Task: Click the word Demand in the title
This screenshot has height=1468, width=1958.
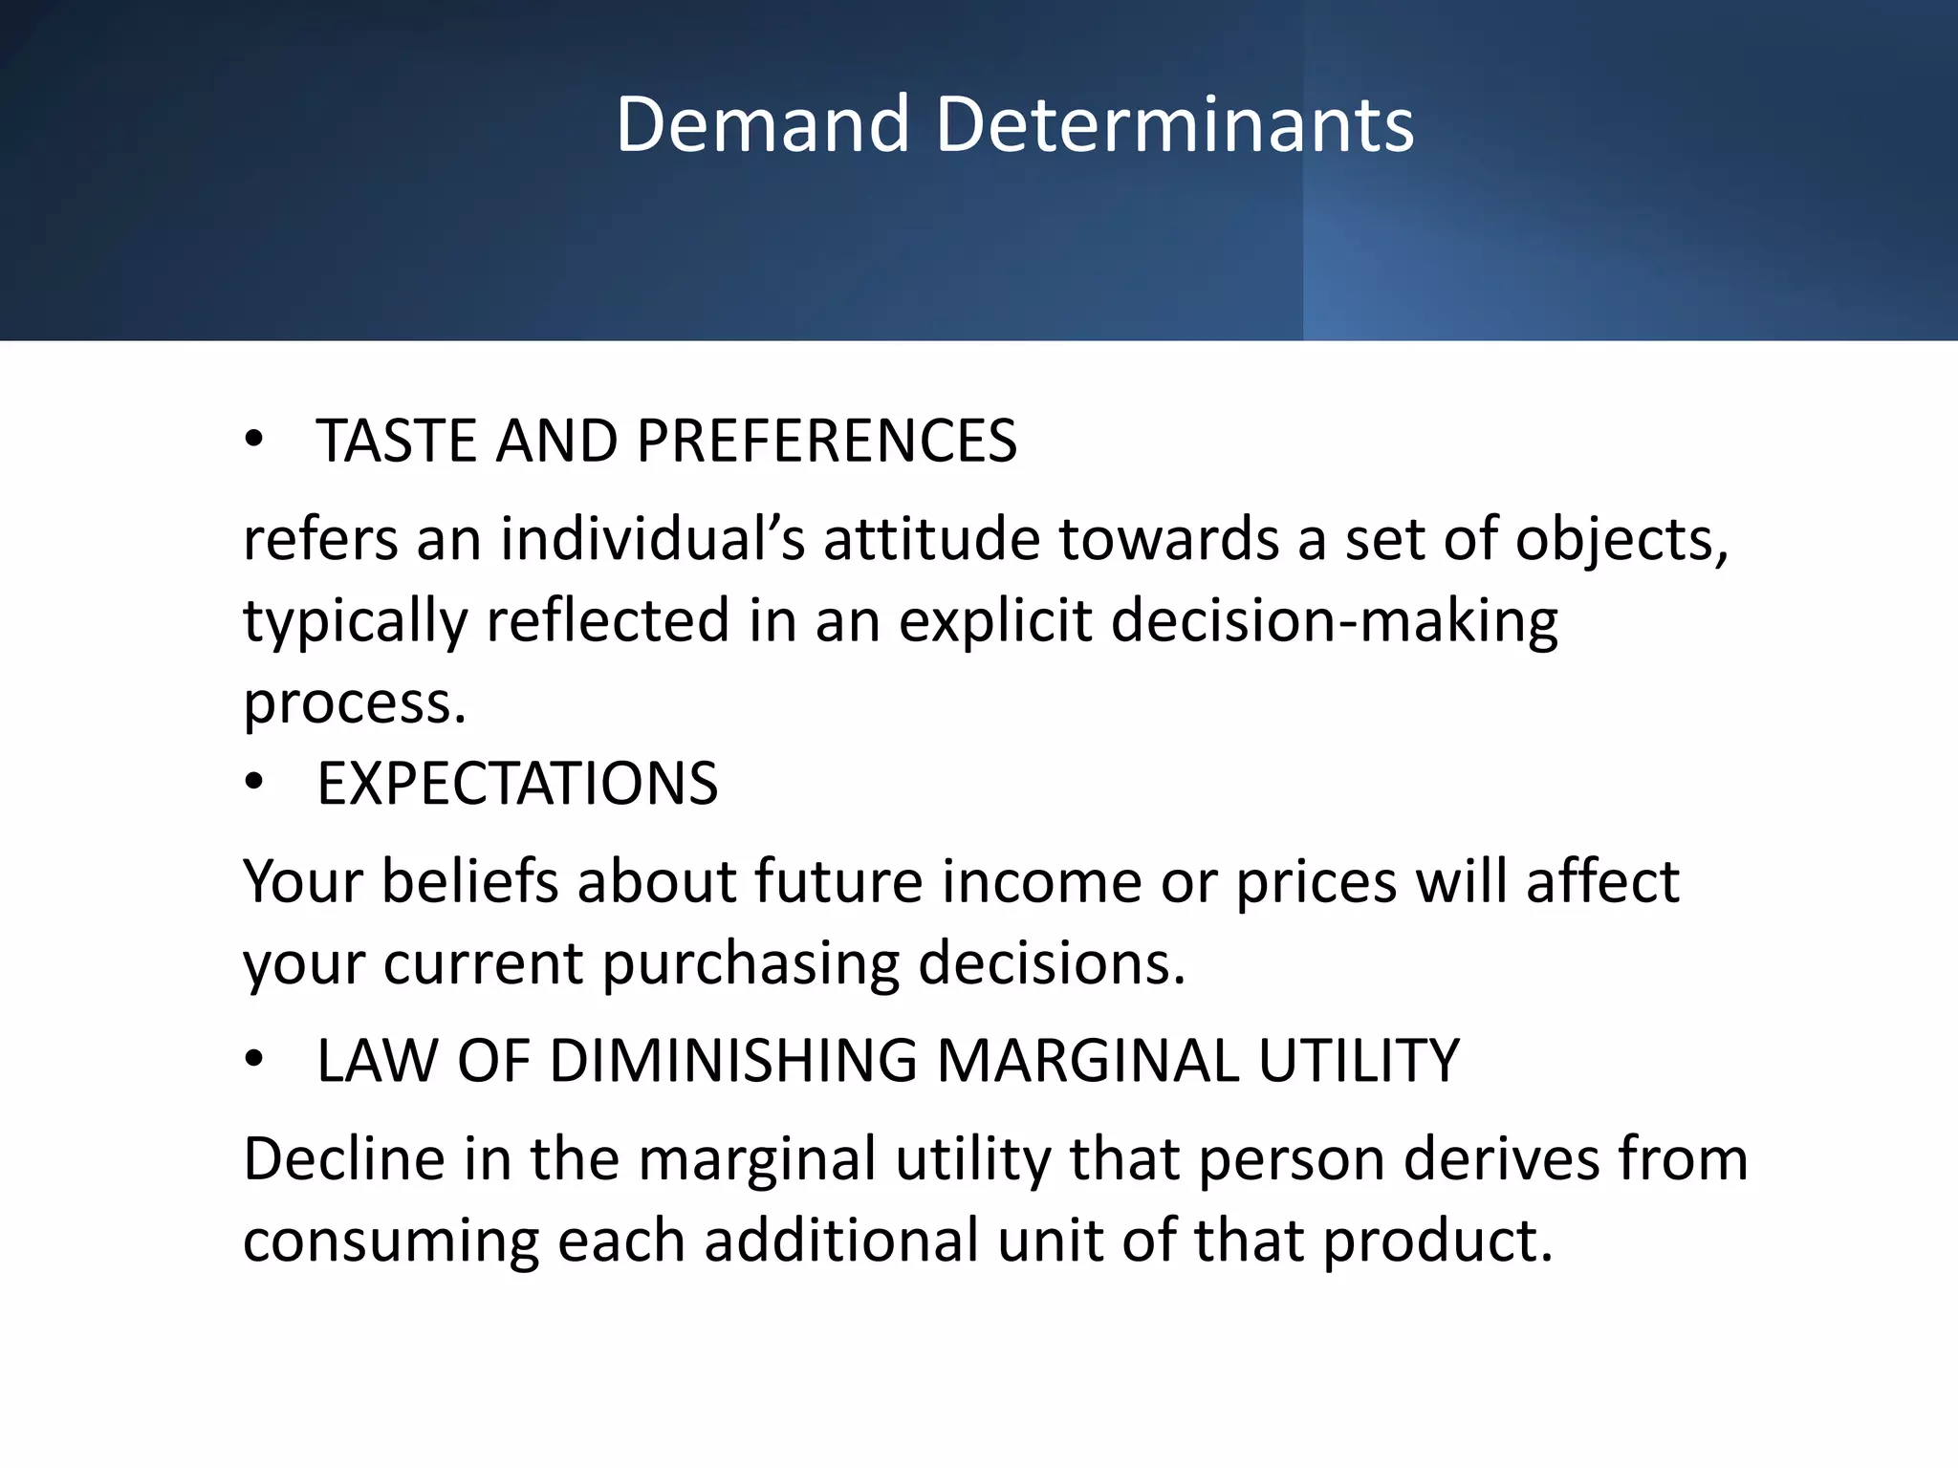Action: pos(762,124)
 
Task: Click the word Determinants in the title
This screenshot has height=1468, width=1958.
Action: pos(1174,124)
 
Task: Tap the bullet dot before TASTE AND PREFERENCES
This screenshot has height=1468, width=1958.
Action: pos(253,440)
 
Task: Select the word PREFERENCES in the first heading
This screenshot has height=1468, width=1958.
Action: pos(826,442)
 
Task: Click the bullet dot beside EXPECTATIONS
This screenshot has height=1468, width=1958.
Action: pos(253,783)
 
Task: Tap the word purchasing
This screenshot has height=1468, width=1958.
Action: pos(751,963)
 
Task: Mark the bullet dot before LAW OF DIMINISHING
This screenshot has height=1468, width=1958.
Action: pos(253,1060)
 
